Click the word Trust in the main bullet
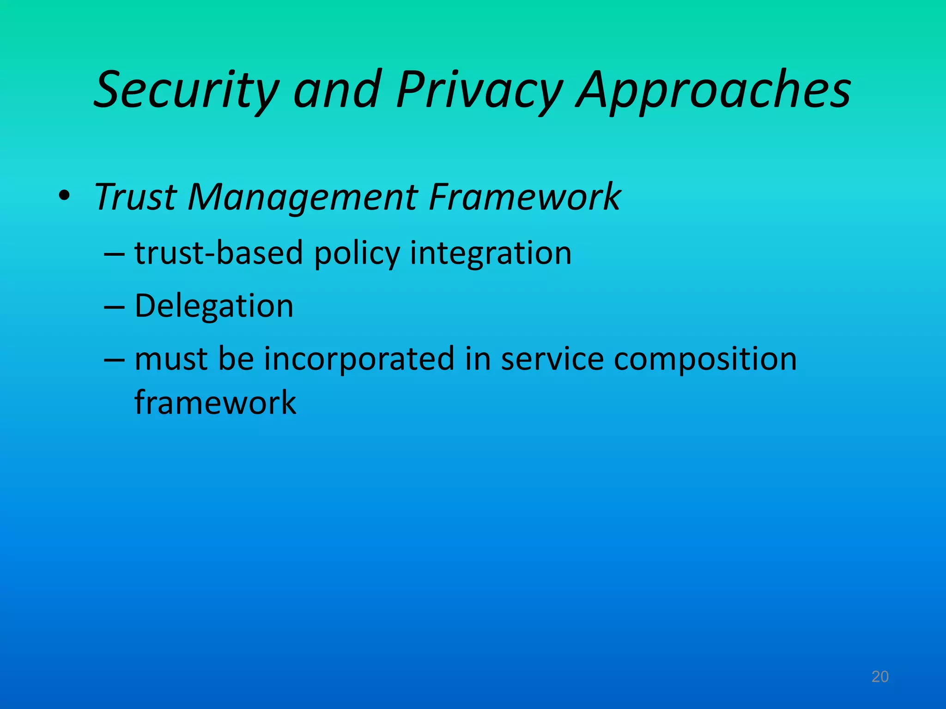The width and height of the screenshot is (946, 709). click(x=135, y=197)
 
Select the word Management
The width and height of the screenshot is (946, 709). click(x=303, y=197)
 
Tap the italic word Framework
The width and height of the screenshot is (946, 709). click(x=524, y=197)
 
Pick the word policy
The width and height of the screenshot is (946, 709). click(x=357, y=254)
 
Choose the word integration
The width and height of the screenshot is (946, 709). click(x=491, y=254)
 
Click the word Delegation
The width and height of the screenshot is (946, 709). click(x=214, y=306)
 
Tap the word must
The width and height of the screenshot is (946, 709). click(x=171, y=360)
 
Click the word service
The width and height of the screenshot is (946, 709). click(x=552, y=360)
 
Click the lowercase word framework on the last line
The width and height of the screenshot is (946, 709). click(x=215, y=403)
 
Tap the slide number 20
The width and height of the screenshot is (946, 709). click(x=880, y=677)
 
